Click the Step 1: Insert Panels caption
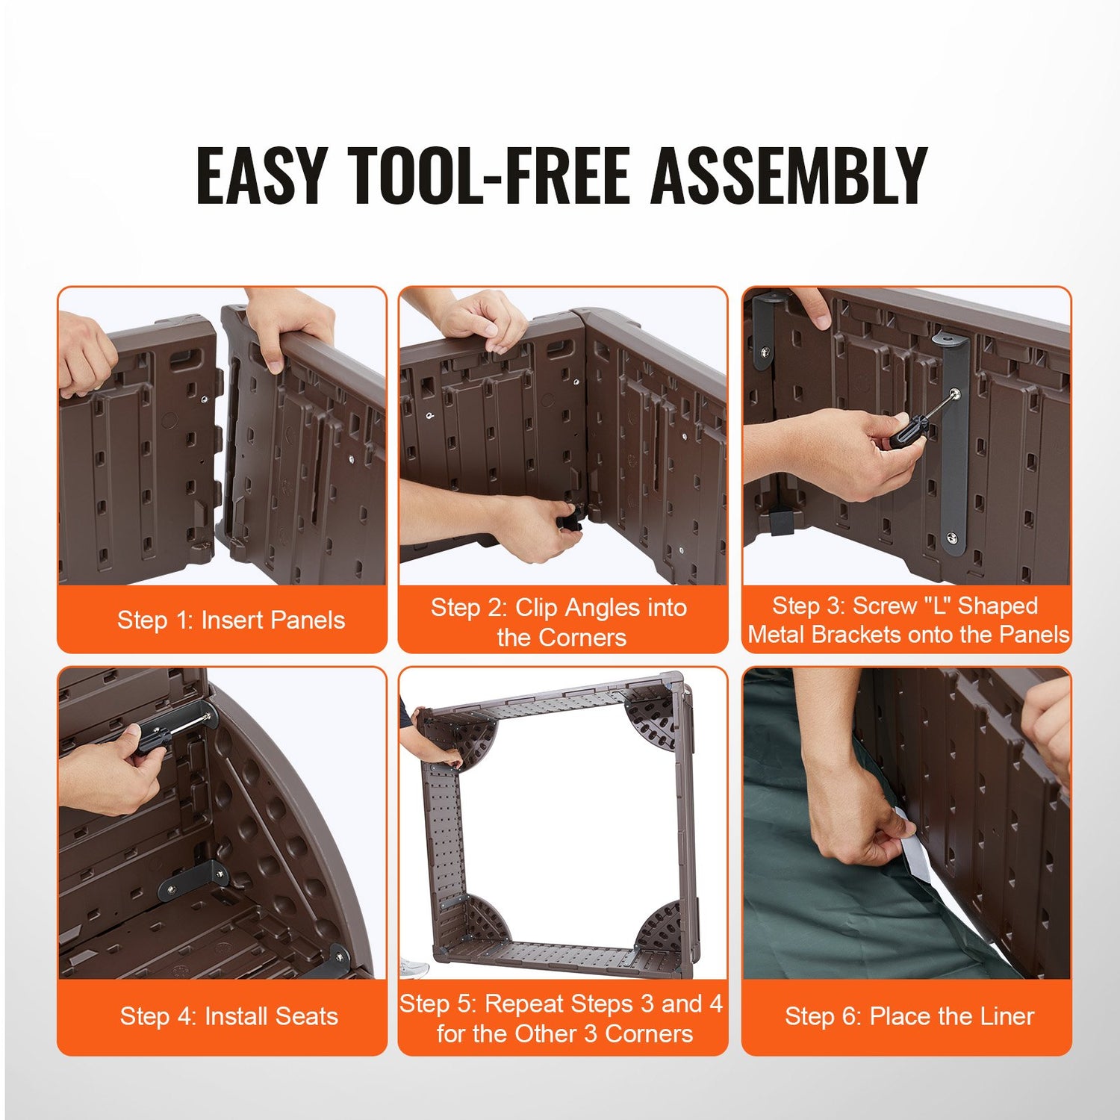point(231,620)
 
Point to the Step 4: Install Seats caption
point(229,1015)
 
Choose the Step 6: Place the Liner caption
point(909,1015)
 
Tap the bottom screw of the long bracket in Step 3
point(952,536)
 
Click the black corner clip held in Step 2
point(573,517)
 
